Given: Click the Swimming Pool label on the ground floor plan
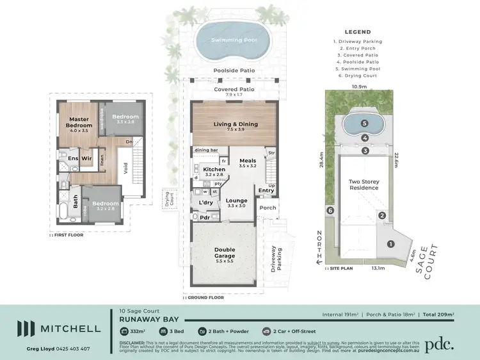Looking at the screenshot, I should click(234, 40).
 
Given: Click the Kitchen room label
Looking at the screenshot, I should click(214, 170).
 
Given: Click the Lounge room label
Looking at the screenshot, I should click(236, 200).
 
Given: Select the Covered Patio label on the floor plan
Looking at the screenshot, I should click(234, 90).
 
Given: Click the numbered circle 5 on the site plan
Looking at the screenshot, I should click(364, 123).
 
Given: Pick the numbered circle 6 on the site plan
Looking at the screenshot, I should click(330, 211).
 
